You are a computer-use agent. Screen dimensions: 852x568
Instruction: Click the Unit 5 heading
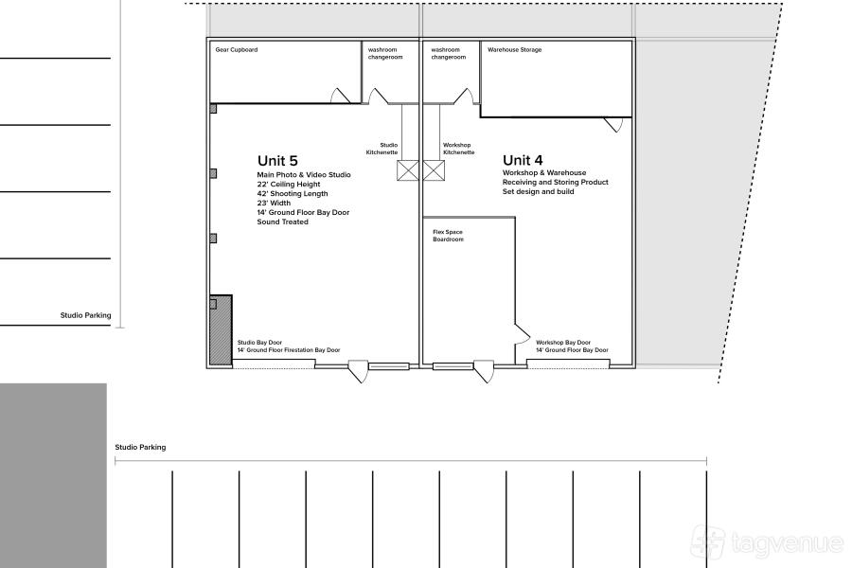(x=277, y=160)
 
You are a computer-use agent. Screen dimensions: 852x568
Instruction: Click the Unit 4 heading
(x=523, y=160)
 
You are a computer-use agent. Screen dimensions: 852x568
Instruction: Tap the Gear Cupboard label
(x=237, y=49)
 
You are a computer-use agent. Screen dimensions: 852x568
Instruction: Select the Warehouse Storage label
(x=515, y=49)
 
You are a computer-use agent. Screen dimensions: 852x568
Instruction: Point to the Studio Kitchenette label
(x=382, y=149)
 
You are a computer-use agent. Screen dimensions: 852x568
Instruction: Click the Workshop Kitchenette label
(x=458, y=149)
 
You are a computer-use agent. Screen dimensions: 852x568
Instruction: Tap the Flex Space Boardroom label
(x=449, y=236)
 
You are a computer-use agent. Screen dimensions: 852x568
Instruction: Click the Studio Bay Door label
(x=259, y=343)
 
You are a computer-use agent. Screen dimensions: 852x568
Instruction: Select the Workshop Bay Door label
(x=563, y=343)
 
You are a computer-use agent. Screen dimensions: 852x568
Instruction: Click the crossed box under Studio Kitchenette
(x=407, y=170)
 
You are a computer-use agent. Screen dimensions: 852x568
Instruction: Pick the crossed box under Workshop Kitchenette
(x=434, y=170)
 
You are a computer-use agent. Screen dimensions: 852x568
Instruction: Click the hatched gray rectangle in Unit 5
(x=222, y=330)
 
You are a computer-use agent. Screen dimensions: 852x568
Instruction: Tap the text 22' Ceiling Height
(x=289, y=185)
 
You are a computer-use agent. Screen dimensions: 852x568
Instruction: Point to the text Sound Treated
(x=282, y=222)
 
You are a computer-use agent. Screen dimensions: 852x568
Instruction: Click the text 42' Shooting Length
(x=293, y=193)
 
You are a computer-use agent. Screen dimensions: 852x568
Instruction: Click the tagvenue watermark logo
(x=767, y=541)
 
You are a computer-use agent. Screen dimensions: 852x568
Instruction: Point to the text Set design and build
(x=538, y=191)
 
